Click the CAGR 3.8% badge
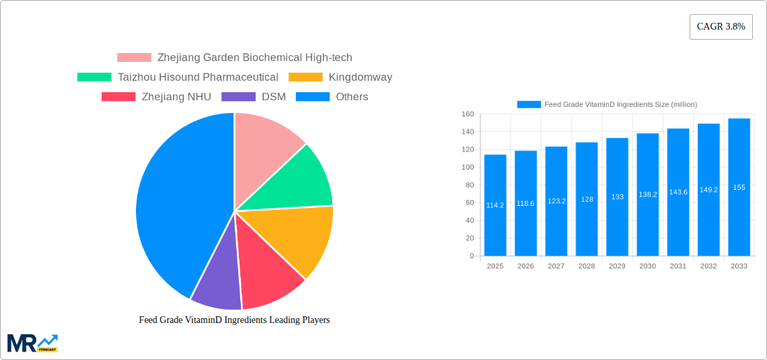coord(721,27)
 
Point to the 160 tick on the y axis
coord(468,114)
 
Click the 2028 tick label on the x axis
coord(587,266)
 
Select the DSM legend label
coord(273,97)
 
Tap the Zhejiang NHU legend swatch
coord(118,97)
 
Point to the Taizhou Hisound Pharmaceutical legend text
coord(198,77)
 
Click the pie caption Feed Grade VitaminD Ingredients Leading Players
coord(234,320)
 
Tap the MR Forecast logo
coord(32,343)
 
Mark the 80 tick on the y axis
coord(470,185)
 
